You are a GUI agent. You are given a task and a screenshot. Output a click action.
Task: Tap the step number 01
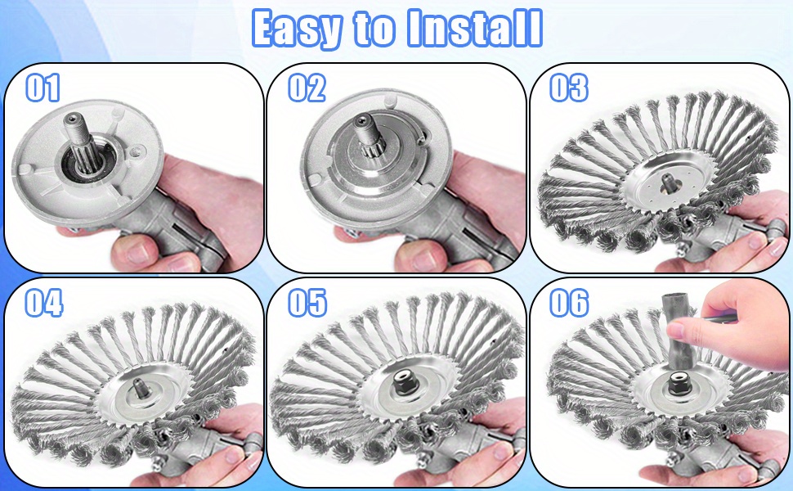click(43, 87)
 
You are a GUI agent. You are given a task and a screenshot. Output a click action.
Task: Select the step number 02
click(307, 87)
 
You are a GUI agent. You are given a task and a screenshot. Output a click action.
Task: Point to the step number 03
click(569, 87)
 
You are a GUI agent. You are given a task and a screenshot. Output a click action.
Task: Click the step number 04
click(44, 303)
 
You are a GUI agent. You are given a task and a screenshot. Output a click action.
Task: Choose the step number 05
click(307, 303)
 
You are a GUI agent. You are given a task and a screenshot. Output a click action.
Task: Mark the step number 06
click(569, 303)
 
